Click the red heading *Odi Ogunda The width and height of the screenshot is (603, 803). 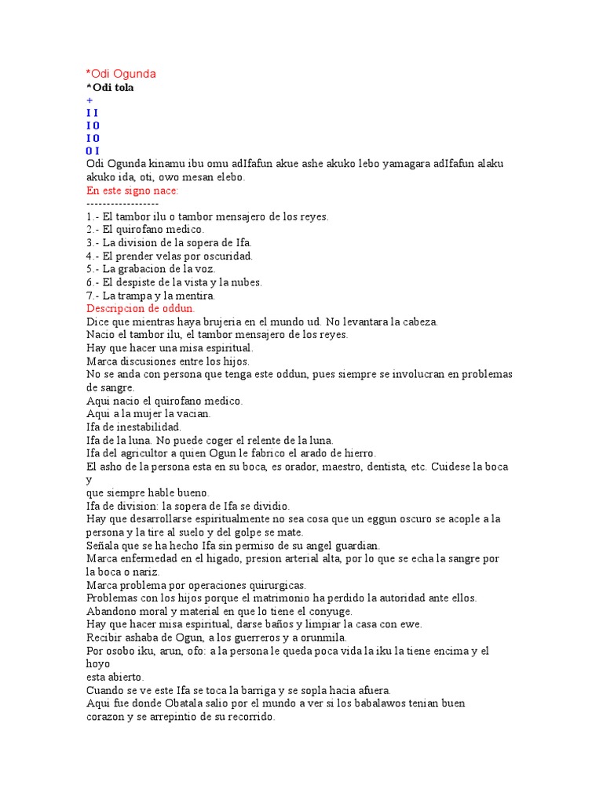coord(121,74)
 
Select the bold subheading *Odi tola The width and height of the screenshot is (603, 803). coord(110,87)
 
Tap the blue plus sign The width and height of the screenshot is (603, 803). coord(90,100)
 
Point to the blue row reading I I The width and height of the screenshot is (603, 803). coord(92,113)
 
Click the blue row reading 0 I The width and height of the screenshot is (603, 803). coord(93,151)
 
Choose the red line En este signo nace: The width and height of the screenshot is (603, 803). coord(132,191)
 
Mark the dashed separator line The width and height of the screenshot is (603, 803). coord(122,203)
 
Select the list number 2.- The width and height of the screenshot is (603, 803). coord(92,230)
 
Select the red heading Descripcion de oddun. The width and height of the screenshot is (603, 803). coord(140,308)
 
